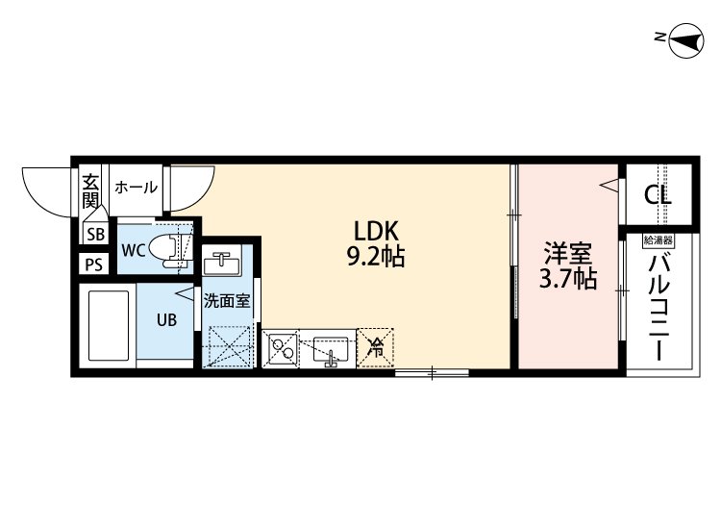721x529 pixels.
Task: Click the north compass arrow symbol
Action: click(x=684, y=38)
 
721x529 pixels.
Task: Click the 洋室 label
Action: click(x=566, y=254)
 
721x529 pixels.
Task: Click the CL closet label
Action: click(x=659, y=194)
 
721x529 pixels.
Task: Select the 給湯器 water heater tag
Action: click(x=659, y=240)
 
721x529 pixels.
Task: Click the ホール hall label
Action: click(x=136, y=188)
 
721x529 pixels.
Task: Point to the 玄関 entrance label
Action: click(x=89, y=190)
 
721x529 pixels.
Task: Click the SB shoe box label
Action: click(x=96, y=234)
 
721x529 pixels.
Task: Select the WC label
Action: click(x=134, y=251)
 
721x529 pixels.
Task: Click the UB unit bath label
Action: click(x=166, y=319)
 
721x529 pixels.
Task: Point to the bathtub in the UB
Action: click(x=109, y=328)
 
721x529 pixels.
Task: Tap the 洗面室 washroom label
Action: click(x=227, y=300)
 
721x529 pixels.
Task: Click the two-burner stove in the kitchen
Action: click(x=281, y=347)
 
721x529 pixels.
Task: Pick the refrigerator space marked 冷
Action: click(x=377, y=346)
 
